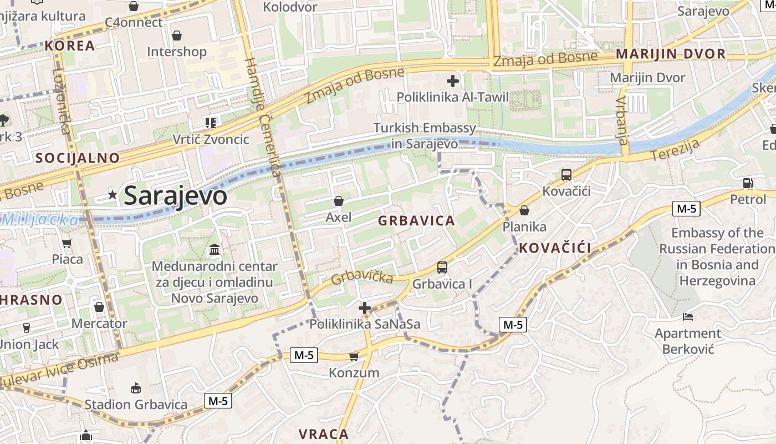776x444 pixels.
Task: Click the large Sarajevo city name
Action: coord(175,196)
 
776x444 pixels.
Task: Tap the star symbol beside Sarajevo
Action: coord(113,195)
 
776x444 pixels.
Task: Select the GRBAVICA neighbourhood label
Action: coord(416,221)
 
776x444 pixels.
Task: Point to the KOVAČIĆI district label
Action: coord(555,248)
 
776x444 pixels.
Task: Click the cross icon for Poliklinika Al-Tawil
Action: coord(453,81)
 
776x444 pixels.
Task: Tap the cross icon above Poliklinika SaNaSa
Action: coord(365,308)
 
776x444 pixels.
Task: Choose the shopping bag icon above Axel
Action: coord(339,201)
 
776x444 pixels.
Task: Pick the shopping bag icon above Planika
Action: coord(524,211)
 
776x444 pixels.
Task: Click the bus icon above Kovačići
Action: coord(566,175)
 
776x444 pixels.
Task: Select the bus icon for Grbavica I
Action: coord(442,268)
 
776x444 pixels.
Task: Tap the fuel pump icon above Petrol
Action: coord(748,183)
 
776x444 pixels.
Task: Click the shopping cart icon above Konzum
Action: coord(354,356)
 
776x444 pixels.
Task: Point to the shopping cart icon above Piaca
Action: coord(67,243)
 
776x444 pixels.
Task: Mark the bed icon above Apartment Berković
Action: coord(688,317)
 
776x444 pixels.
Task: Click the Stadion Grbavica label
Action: coord(136,405)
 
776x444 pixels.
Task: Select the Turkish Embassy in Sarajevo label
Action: coord(425,136)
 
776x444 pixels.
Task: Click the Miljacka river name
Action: coord(40,220)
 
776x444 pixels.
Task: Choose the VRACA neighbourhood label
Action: coord(324,434)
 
